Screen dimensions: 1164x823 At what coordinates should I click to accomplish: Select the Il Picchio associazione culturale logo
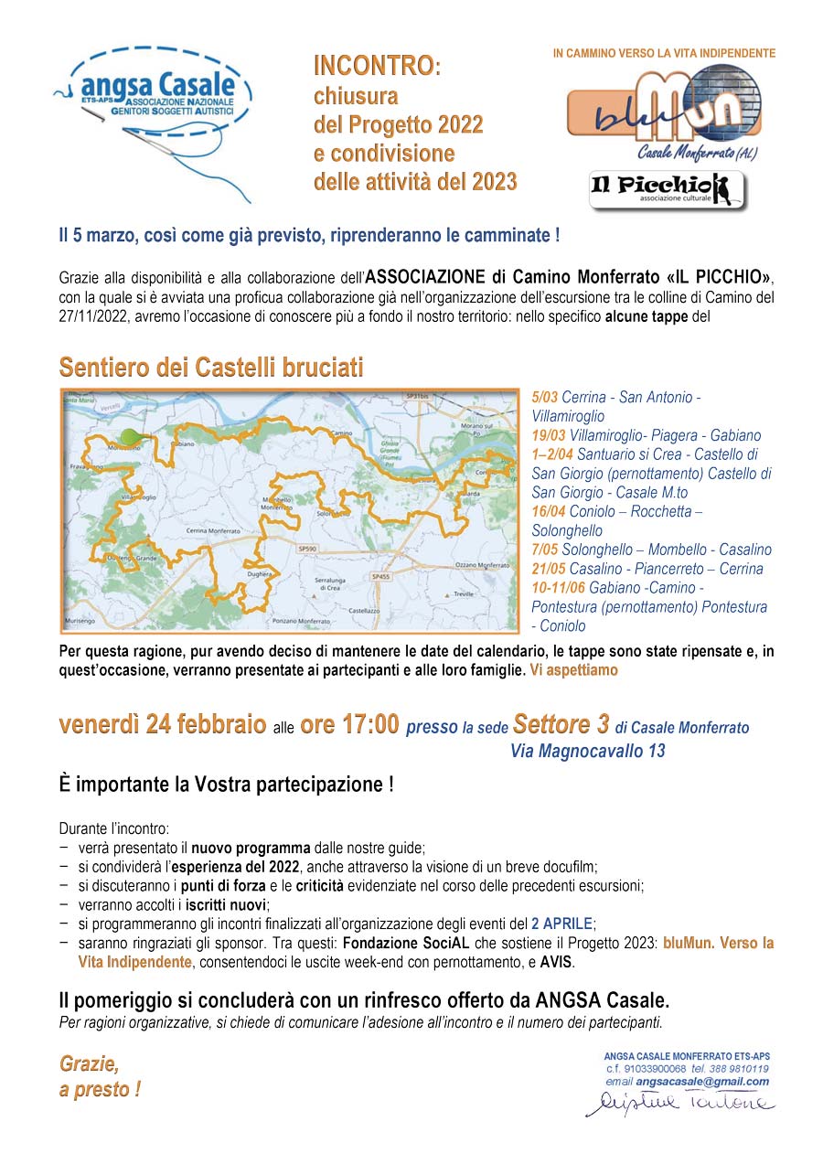pos(666,189)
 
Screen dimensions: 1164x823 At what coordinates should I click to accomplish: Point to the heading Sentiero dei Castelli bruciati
pos(211,368)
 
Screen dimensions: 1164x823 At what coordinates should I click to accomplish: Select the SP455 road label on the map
pos(380,577)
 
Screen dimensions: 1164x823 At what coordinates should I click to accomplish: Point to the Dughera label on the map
pos(260,573)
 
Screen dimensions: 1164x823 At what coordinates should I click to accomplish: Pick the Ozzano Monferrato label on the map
pos(482,565)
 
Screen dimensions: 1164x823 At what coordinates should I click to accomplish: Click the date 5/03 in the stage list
pos(545,398)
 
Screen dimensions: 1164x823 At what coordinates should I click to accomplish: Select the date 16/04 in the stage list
pos(550,512)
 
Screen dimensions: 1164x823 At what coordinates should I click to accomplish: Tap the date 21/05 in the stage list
pos(550,569)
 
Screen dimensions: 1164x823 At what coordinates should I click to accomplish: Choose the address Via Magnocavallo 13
pos(587,752)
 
